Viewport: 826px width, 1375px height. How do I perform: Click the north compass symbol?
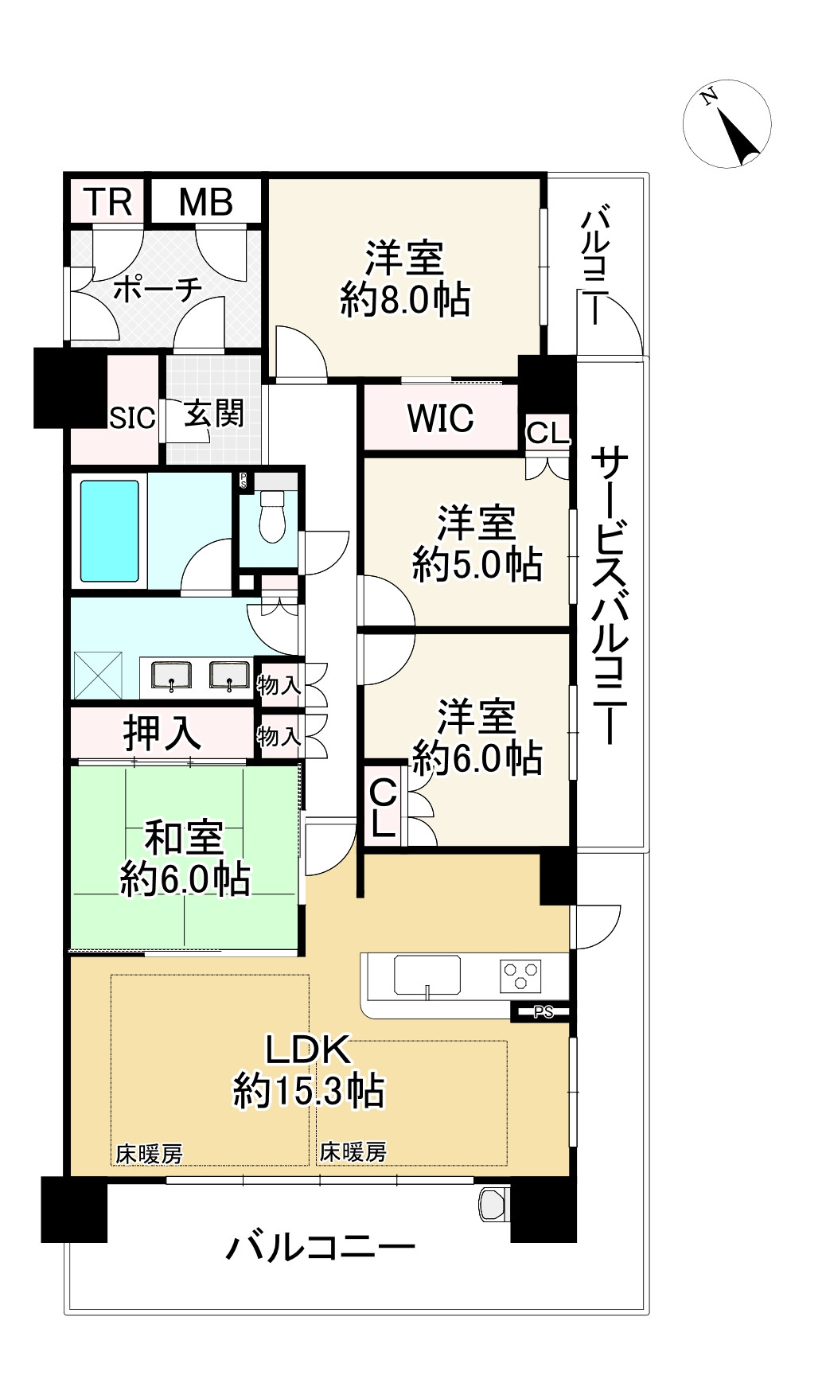click(x=727, y=124)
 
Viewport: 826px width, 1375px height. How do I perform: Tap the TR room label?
click(x=108, y=201)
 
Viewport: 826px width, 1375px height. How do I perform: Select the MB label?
click(x=205, y=201)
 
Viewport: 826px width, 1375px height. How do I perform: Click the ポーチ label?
click(x=158, y=290)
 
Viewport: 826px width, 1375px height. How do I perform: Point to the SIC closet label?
click(x=132, y=418)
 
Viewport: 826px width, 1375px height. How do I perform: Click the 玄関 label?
click(x=213, y=414)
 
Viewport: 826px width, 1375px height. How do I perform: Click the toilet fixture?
click(x=272, y=513)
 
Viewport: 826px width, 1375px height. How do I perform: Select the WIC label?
click(x=440, y=417)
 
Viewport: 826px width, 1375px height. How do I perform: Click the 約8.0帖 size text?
click(x=405, y=301)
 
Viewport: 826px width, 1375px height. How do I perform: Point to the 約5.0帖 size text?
click(x=477, y=564)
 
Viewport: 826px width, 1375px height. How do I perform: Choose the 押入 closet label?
click(x=162, y=733)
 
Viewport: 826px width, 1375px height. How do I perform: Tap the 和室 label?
click(x=184, y=838)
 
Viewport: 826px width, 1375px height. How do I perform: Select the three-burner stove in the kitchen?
click(x=520, y=976)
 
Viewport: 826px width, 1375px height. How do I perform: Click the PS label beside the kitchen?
click(x=544, y=1013)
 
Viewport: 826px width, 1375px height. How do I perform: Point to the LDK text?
click(x=308, y=1051)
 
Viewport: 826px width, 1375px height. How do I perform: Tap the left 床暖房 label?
click(x=150, y=1152)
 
